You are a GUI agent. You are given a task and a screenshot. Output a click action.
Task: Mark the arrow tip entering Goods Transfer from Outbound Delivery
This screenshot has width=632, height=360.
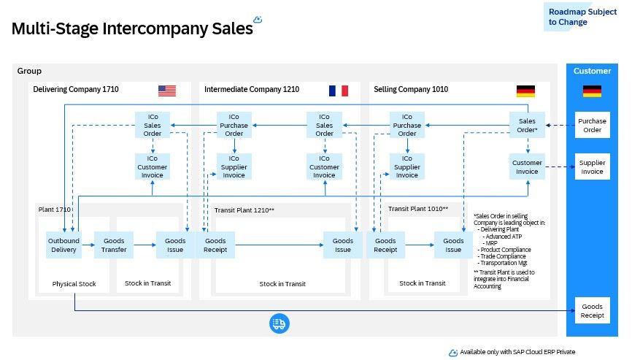click(94, 245)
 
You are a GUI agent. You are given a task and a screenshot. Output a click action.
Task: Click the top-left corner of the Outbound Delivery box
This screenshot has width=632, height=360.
click(46, 231)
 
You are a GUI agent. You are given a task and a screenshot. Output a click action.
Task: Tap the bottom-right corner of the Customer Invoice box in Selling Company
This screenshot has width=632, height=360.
click(545, 180)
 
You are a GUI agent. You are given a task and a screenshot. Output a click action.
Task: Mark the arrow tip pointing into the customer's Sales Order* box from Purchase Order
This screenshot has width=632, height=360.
click(546, 125)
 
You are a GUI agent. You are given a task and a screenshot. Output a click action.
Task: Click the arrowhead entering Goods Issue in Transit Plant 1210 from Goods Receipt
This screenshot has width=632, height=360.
click(323, 245)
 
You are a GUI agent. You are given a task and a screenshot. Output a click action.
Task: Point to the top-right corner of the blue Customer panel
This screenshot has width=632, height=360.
click(618, 64)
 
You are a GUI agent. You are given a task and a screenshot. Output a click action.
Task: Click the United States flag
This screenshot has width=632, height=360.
click(167, 91)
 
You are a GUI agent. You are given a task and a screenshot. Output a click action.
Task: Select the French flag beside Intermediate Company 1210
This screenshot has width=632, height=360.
click(339, 91)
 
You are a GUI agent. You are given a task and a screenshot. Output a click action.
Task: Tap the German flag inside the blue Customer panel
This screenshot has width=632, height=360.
click(592, 91)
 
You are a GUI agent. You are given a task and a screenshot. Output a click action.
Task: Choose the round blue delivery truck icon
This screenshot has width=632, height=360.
click(280, 323)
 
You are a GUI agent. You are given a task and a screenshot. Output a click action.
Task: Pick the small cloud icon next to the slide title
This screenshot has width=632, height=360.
click(258, 19)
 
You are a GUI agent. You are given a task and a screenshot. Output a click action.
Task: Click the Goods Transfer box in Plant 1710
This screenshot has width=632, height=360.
click(114, 245)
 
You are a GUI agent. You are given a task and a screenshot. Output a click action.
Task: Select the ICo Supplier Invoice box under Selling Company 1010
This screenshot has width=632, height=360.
click(407, 166)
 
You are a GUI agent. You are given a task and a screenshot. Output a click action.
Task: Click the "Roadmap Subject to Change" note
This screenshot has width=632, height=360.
click(582, 17)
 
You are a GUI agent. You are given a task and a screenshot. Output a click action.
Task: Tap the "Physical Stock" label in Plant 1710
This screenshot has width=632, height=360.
click(74, 284)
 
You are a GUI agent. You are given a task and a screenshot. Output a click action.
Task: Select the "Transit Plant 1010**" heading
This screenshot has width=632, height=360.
click(418, 209)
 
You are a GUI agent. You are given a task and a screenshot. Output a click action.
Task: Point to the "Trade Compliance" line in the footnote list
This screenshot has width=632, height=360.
click(503, 256)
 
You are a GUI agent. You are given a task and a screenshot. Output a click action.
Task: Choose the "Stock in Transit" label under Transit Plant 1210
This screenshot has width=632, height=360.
click(282, 284)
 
